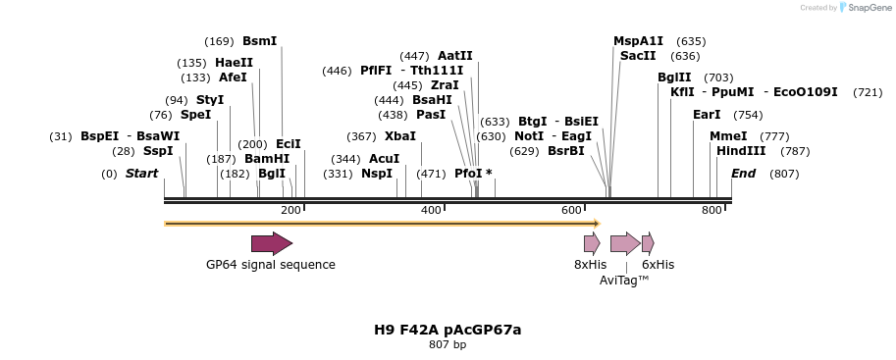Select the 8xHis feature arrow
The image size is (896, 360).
(592, 243)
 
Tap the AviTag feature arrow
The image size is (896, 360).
(625, 243)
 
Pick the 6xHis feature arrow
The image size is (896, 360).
(648, 243)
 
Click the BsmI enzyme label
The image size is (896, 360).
(259, 41)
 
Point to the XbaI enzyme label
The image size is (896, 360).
(400, 136)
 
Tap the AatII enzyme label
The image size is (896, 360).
(455, 56)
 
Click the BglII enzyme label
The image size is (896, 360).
(674, 77)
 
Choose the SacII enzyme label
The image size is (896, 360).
(638, 56)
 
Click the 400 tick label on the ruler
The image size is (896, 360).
(431, 211)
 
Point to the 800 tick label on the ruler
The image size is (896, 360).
(712, 211)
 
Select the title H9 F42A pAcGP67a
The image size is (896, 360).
(448, 330)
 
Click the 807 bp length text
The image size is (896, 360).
(448, 345)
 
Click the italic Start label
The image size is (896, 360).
(141, 174)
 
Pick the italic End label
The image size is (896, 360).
(744, 174)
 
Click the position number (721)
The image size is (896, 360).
(868, 92)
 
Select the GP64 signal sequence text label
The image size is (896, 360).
(271, 265)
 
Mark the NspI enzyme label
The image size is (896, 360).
(377, 174)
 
